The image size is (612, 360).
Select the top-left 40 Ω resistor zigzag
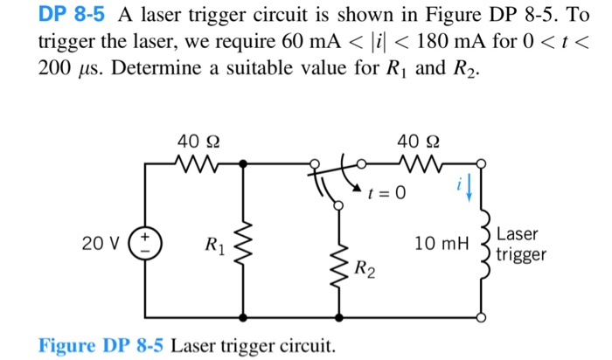tap(193, 163)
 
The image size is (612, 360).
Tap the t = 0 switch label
tap(386, 193)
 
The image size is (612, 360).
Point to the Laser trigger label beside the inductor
tap(521, 245)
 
